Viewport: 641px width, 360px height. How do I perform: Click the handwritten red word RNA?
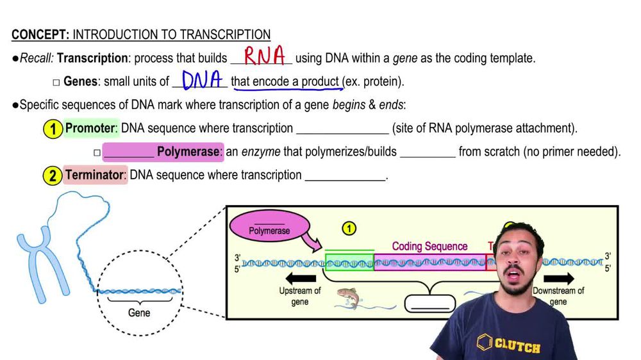[264, 56]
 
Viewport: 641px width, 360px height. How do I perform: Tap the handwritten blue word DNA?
[201, 80]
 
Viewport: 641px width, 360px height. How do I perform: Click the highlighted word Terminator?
[96, 175]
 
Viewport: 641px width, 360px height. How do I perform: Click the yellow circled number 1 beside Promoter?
[53, 129]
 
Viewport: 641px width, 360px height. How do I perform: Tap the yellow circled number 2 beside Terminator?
[53, 176]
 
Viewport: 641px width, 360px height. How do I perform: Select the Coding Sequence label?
[429, 246]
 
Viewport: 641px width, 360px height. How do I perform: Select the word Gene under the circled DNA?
[139, 313]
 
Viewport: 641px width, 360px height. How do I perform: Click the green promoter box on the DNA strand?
[349, 263]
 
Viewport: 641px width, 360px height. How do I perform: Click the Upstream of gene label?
[299, 296]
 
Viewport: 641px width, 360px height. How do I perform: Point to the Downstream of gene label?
[558, 296]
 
